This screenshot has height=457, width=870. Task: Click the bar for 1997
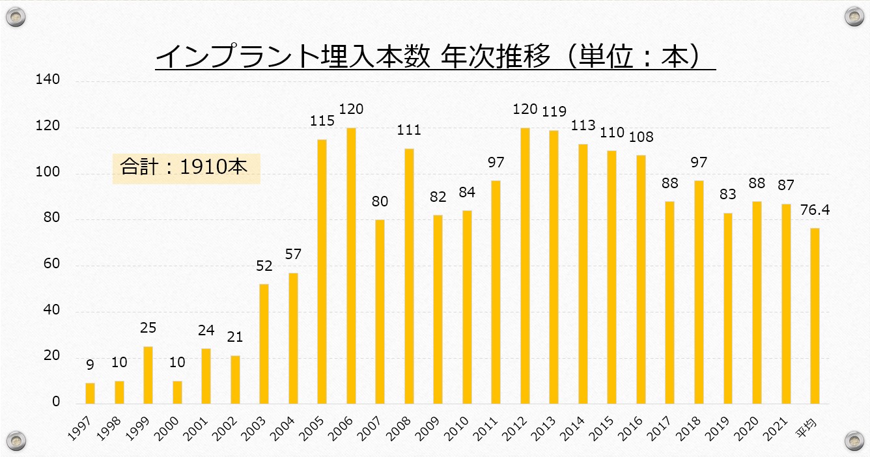pyautogui.click(x=90, y=393)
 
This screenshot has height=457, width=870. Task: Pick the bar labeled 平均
pyautogui.click(x=815, y=316)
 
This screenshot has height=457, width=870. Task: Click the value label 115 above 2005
pyautogui.click(x=322, y=120)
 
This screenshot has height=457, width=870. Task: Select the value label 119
pyautogui.click(x=554, y=111)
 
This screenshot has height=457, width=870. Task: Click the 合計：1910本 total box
pyautogui.click(x=186, y=168)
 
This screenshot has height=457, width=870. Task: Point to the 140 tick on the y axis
pyautogui.click(x=49, y=80)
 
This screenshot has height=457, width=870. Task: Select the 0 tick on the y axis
pyautogui.click(x=55, y=402)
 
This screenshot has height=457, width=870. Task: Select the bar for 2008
pyautogui.click(x=409, y=276)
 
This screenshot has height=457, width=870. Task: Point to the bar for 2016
pyautogui.click(x=641, y=279)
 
